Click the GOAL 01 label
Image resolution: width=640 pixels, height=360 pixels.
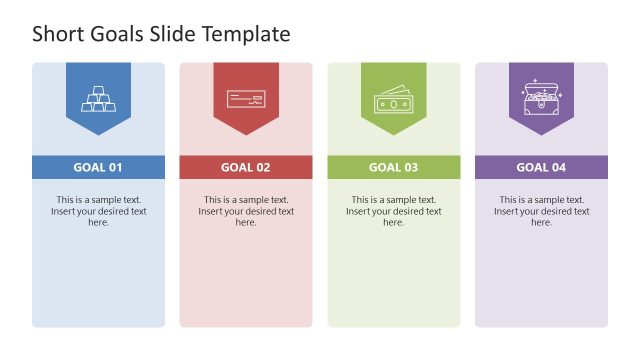click(x=98, y=168)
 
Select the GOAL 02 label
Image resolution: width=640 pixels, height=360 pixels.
click(x=245, y=168)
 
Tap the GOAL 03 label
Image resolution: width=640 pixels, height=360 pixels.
click(x=393, y=168)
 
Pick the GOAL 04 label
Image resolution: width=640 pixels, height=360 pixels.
click(x=541, y=168)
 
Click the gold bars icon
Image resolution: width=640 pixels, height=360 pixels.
click(x=98, y=98)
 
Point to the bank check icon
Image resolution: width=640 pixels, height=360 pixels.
click(x=245, y=98)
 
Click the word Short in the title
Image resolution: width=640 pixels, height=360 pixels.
click(x=58, y=34)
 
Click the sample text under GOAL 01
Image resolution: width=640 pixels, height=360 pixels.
click(x=98, y=211)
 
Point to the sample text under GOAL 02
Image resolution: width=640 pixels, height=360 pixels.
click(x=245, y=211)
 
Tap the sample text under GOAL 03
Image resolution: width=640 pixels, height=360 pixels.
click(x=393, y=211)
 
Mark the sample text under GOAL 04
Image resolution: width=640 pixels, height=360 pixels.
click(x=541, y=211)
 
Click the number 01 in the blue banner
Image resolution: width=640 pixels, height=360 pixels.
click(x=115, y=168)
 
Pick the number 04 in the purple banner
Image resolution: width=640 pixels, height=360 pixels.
click(x=558, y=168)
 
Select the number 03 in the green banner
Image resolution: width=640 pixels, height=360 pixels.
click(x=410, y=168)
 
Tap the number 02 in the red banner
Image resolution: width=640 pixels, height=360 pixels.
click(x=262, y=168)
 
